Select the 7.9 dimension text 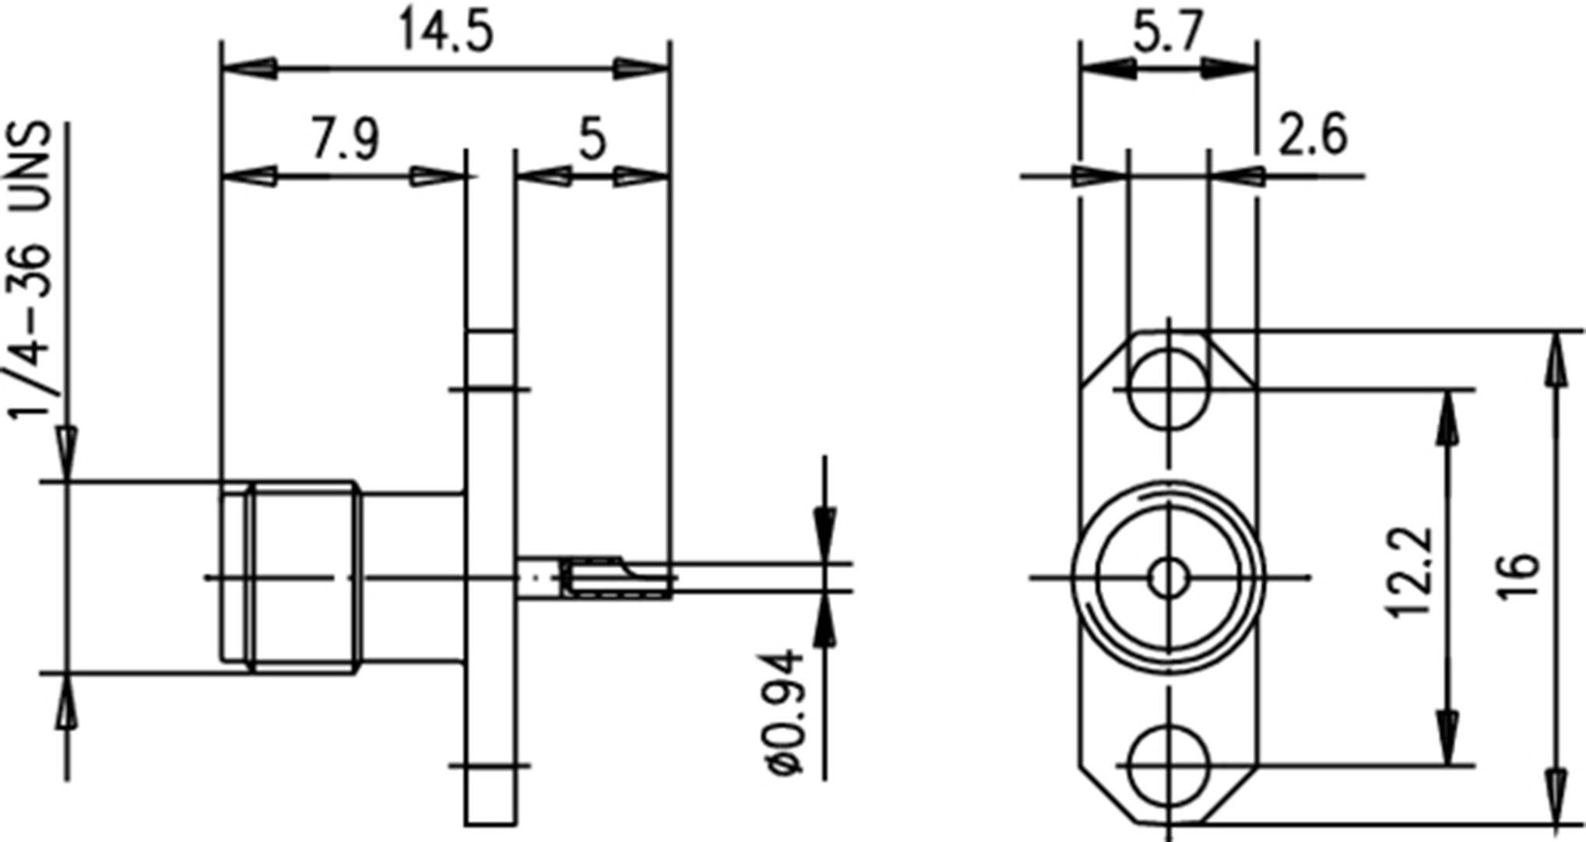345,140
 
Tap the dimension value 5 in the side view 592,140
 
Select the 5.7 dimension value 1168,33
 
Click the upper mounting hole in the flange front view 1168,389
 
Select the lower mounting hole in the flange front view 1168,765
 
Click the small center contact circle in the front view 1168,577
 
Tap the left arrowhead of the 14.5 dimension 249,68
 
